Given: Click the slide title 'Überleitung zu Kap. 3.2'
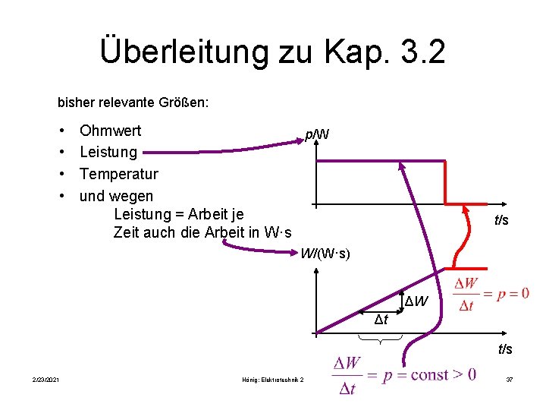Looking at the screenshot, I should click(272, 52).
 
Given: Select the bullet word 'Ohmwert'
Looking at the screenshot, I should click(110, 131).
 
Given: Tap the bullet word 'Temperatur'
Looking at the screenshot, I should click(119, 174).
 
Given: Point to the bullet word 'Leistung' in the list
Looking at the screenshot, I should click(108, 152).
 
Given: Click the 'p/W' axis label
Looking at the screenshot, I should click(316, 134).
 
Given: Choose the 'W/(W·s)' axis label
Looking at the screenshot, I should click(325, 253).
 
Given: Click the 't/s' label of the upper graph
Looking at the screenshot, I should click(501, 220).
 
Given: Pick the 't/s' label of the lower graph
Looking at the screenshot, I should click(504, 349).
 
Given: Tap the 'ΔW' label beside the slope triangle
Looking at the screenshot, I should click(417, 302).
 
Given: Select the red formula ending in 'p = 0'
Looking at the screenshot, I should click(491, 295).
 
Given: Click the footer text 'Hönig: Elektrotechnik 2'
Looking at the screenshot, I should click(271, 380).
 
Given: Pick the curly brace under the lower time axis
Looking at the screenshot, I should click(394, 345).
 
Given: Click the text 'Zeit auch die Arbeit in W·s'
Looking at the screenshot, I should click(202, 232).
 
